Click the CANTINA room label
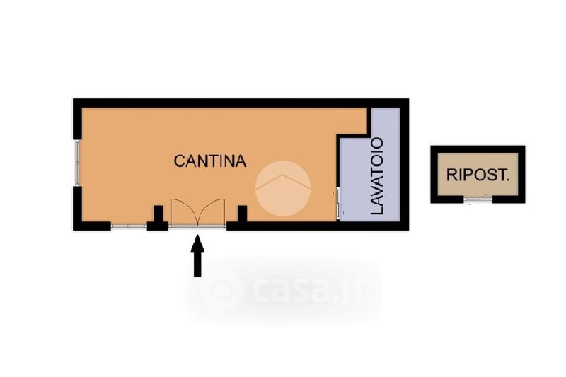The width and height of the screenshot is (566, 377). (x=210, y=161)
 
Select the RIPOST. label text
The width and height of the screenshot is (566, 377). (x=478, y=175)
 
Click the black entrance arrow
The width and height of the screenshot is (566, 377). (x=197, y=257)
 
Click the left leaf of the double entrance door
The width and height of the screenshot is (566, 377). (x=182, y=214)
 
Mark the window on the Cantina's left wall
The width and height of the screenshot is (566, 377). (x=76, y=163)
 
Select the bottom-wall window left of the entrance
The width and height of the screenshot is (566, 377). (x=128, y=226)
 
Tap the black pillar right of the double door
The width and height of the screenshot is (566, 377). (x=241, y=214)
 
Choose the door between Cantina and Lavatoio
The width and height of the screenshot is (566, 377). (x=338, y=203)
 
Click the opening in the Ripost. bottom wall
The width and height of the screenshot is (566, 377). (x=478, y=200)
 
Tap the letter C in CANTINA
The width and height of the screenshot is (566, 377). (x=178, y=161)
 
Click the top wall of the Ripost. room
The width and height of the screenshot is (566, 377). (x=478, y=148)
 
